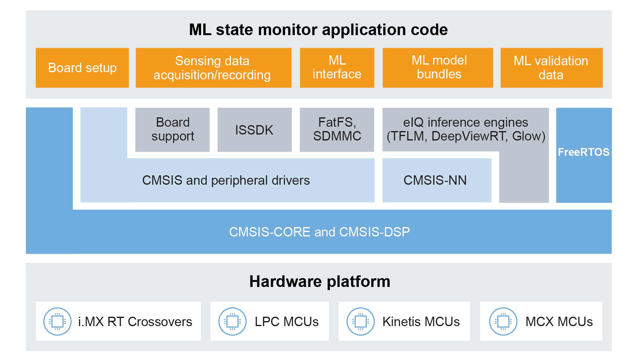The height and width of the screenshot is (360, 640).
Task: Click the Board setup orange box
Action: tap(82, 68)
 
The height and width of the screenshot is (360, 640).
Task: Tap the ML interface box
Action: tap(337, 68)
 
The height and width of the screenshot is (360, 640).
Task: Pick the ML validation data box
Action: tap(551, 68)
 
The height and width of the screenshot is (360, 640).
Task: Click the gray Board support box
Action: tap(173, 130)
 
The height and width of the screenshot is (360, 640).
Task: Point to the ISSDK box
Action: tap(254, 130)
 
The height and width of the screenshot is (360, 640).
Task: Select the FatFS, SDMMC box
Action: tap(337, 130)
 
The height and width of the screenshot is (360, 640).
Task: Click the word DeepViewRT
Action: tap(469, 136)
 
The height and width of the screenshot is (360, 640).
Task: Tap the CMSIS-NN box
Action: tap(435, 180)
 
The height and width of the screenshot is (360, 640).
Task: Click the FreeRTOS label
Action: tap(584, 152)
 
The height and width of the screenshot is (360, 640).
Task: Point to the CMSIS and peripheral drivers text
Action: tap(226, 180)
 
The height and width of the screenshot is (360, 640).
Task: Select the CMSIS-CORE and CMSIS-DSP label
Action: tap(319, 232)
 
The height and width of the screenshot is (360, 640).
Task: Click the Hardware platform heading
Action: tap(320, 281)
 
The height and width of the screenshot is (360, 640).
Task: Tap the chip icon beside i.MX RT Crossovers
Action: tap(57, 321)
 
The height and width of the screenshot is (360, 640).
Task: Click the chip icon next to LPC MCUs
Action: tap(232, 321)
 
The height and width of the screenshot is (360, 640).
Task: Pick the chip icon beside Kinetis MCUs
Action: tap(360, 321)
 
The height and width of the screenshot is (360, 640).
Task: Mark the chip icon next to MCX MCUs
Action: tap(503, 321)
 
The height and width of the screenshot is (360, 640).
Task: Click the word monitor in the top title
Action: tap(288, 30)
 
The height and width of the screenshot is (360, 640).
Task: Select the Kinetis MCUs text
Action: tap(421, 322)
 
